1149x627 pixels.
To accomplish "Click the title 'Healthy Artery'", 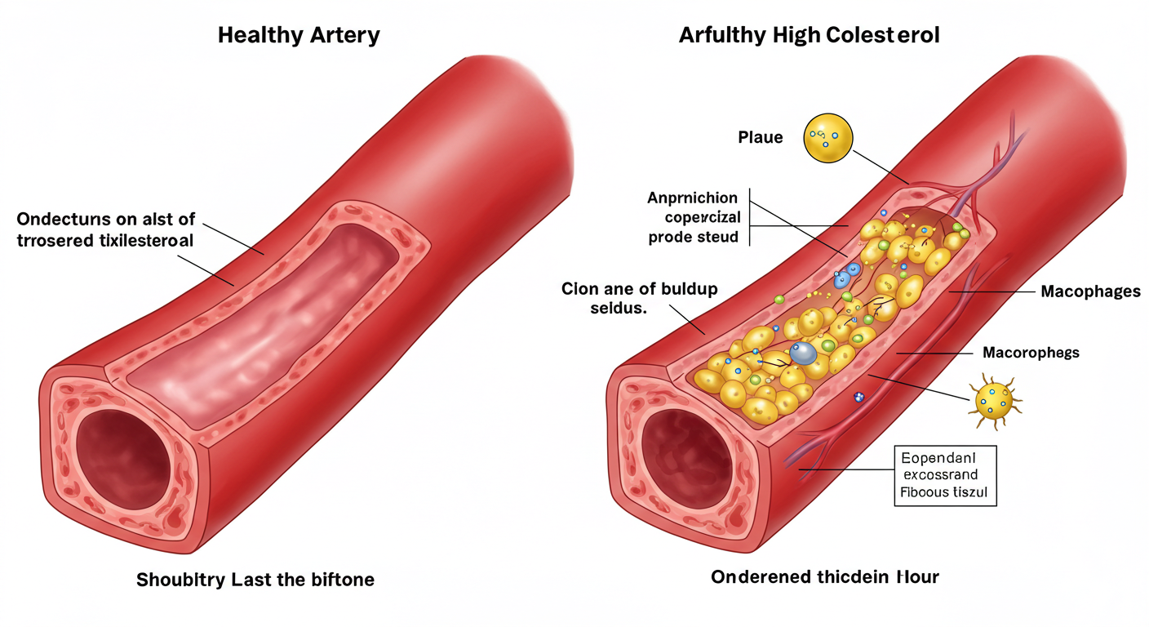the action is point(299,36).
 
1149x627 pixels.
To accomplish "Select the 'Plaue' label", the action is point(760,137).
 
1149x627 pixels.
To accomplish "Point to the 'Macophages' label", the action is point(1090,291).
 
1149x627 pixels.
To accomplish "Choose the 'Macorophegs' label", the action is point(1031,353).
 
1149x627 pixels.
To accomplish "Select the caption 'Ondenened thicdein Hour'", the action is point(824,577).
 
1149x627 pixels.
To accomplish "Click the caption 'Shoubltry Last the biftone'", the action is point(255,580).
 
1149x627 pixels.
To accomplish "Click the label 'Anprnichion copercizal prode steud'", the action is point(693,217).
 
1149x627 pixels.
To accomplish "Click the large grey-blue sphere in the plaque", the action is point(804,353).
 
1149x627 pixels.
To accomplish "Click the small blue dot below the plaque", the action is point(858,397).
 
